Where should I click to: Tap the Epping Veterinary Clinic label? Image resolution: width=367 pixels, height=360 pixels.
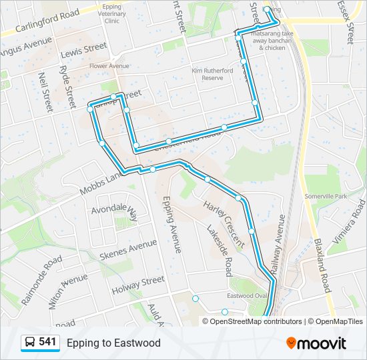point(121,13)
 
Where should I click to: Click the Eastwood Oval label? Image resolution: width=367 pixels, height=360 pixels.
point(247,296)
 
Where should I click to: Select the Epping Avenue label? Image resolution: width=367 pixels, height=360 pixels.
point(172,224)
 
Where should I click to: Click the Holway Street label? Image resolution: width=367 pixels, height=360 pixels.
point(138,285)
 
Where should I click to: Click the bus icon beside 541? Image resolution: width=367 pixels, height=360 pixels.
point(29,343)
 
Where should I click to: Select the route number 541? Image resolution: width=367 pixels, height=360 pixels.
point(47,342)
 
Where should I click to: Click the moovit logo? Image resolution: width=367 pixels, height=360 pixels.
point(316,343)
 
